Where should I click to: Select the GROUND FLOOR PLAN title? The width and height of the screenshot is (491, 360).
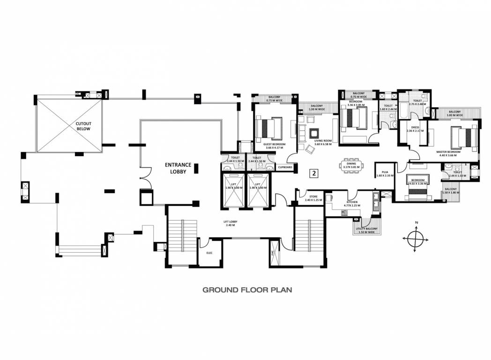[x=247, y=290]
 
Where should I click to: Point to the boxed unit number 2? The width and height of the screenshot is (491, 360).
[x=314, y=173]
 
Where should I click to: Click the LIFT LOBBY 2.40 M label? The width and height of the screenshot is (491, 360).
[x=230, y=223]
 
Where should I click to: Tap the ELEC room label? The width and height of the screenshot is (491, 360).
[x=209, y=253]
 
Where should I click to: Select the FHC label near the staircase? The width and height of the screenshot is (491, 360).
[x=272, y=253]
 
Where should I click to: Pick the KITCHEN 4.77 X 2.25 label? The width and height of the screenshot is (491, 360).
[x=351, y=203]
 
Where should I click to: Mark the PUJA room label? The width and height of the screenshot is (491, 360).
[x=385, y=173]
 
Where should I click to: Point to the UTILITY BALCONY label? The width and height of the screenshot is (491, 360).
[x=365, y=230]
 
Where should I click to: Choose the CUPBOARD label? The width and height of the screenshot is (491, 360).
[x=285, y=167]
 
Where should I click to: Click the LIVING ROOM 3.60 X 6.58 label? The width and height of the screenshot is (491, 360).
[x=323, y=142]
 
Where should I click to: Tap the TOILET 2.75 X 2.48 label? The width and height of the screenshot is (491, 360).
[x=417, y=102]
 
